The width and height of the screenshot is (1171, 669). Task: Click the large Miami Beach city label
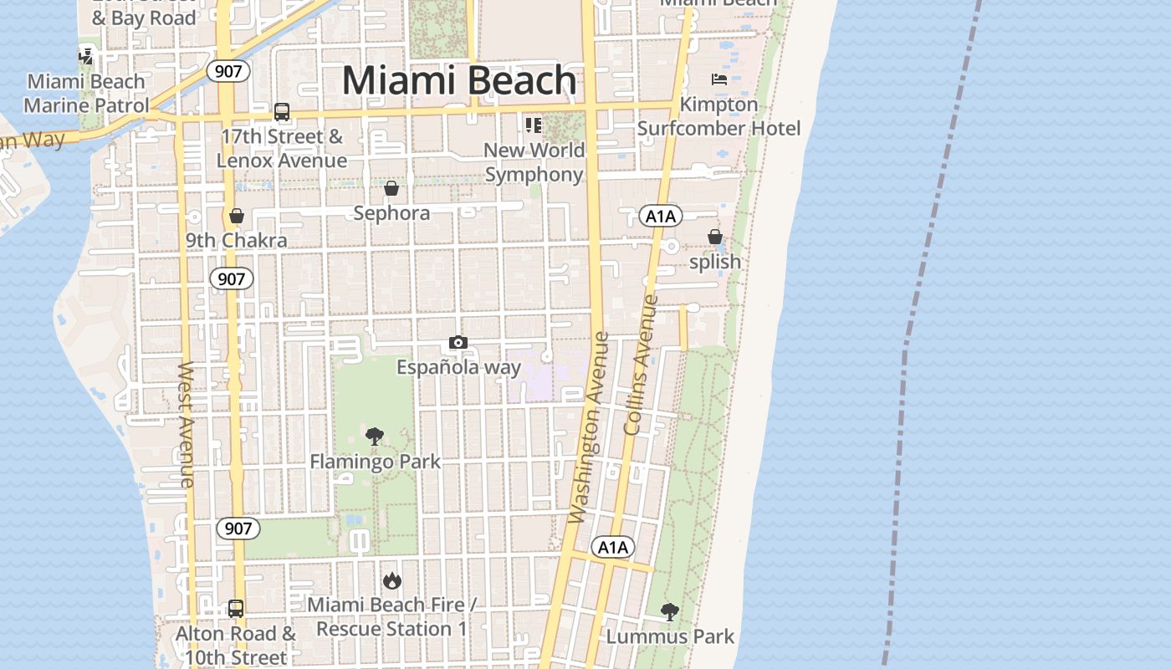click(459, 81)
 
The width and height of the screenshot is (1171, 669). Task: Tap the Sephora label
click(391, 213)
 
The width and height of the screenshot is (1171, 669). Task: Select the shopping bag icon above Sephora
click(391, 188)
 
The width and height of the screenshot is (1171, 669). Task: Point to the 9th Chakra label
click(236, 241)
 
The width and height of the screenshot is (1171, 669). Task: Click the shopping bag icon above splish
click(715, 237)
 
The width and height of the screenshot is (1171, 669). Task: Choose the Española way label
click(458, 367)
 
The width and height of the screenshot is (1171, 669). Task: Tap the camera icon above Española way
click(458, 342)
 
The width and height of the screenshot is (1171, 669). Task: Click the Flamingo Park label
click(375, 462)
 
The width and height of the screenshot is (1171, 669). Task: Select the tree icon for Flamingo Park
click(375, 436)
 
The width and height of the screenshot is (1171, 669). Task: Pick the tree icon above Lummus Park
click(669, 611)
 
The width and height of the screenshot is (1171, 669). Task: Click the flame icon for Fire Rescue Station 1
click(391, 580)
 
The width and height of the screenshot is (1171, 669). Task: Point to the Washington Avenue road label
click(589, 428)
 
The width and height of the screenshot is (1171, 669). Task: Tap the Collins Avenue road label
click(642, 365)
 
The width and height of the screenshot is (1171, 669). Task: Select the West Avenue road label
click(187, 424)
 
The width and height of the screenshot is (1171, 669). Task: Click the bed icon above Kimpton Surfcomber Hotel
click(719, 79)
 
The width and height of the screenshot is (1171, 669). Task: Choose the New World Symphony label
click(534, 162)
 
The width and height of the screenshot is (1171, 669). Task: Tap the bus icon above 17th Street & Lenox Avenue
click(282, 111)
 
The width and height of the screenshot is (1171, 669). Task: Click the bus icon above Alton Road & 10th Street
click(236, 608)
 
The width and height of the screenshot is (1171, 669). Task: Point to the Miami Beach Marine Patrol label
click(86, 93)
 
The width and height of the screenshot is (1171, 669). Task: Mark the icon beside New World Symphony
click(534, 125)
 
